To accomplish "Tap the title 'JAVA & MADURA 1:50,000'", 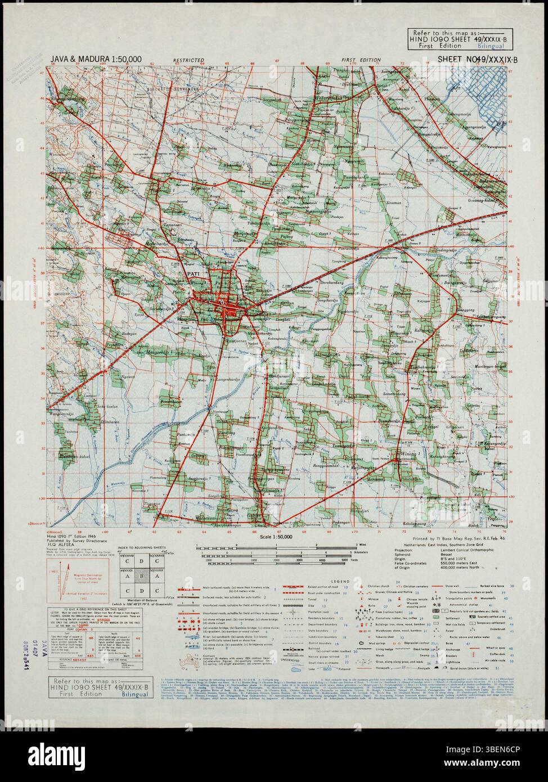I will pos(96,59).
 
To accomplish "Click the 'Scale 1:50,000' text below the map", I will pos(274,537).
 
